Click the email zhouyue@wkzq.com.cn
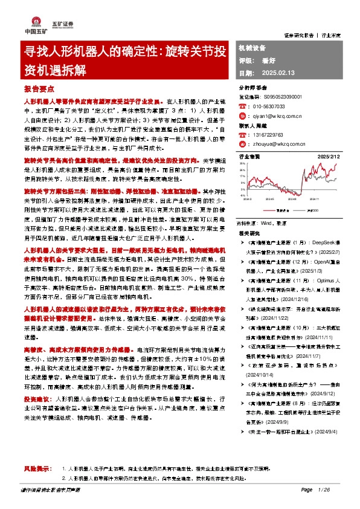point(277,145)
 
